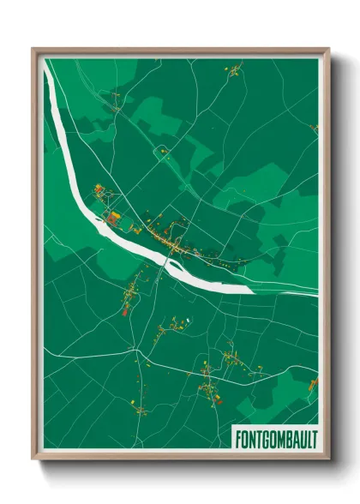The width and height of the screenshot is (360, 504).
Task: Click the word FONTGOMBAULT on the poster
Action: [274, 438]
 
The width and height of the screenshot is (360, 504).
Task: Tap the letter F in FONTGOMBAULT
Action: [237, 438]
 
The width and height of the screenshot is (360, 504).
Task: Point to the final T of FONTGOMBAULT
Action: [312, 438]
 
